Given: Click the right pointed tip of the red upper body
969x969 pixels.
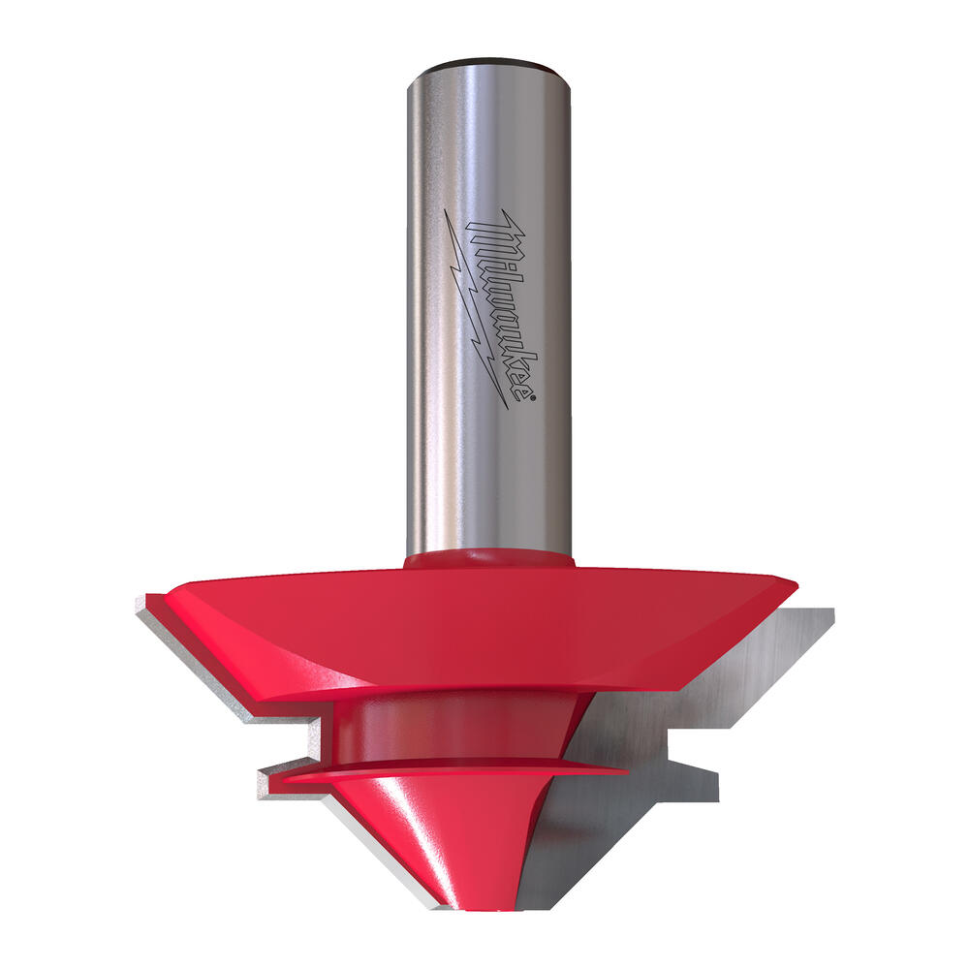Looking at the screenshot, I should [795, 583].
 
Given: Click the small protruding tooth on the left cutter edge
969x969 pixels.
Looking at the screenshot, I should [266, 775].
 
